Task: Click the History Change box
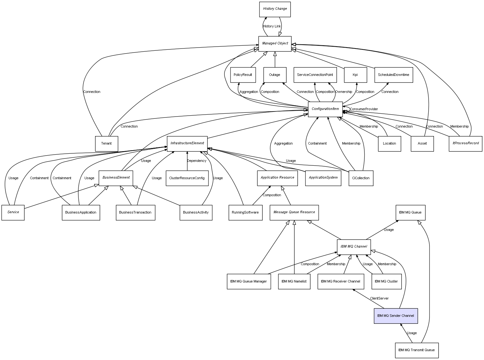[x=275, y=9]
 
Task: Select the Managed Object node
[x=275, y=43]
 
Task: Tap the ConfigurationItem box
[x=325, y=109]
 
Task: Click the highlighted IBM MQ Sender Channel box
[x=396, y=316]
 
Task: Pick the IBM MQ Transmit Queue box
[x=416, y=350]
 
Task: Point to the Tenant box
[x=106, y=144]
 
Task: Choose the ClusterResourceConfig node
[x=187, y=178]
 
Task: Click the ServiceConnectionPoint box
[x=315, y=75]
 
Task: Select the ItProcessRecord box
[x=465, y=143]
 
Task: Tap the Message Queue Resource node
[x=294, y=212]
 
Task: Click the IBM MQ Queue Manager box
[x=248, y=282]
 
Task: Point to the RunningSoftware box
[x=245, y=213]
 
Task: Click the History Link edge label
[x=272, y=26]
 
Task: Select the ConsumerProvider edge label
[x=364, y=109]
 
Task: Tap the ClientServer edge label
[x=379, y=299]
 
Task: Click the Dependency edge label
[x=196, y=161]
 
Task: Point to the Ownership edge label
[x=344, y=92]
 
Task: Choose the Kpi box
[x=355, y=75]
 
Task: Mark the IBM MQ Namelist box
[x=294, y=282]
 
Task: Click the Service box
[x=13, y=213]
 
